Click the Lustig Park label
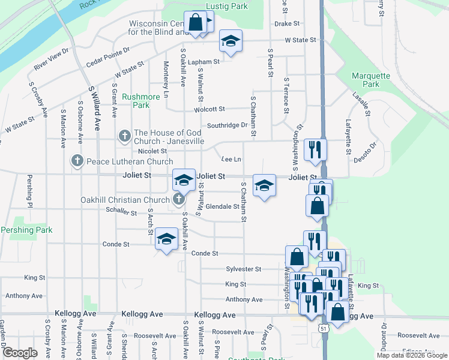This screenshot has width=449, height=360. click(x=226, y=6)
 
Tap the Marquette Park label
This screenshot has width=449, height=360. click(x=371, y=80)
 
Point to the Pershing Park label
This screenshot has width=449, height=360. click(x=26, y=230)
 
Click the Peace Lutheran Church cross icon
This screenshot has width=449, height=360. click(x=77, y=161)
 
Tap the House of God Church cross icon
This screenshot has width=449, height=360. click(x=124, y=136)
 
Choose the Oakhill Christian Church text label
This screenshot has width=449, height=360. click(x=126, y=200)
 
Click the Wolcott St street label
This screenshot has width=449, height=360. click(x=209, y=109)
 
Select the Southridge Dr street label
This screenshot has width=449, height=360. click(x=227, y=125)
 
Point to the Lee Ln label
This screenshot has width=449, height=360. click(x=231, y=159)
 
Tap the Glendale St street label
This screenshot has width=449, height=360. click(x=223, y=206)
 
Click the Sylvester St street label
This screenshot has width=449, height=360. click(x=244, y=269)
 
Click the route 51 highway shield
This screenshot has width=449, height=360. click(x=324, y=329)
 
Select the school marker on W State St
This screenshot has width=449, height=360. click(x=231, y=41)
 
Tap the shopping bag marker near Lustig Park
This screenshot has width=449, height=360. click(x=196, y=23)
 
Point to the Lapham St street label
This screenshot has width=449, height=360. click(x=203, y=61)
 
